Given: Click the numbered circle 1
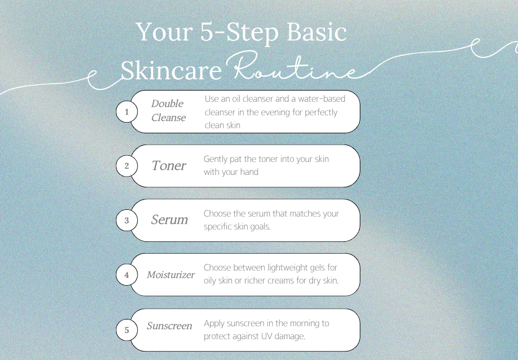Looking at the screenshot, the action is tap(127, 112).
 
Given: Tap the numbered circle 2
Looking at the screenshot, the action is tap(127, 166).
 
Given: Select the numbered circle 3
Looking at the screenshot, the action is tap(127, 220).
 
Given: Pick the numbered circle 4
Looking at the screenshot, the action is tap(127, 275).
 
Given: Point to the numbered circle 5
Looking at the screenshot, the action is tap(127, 330).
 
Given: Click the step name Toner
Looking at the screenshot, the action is tap(169, 165).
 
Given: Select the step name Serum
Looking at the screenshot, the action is tap(169, 220).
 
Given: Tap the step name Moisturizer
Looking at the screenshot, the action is tap(171, 274).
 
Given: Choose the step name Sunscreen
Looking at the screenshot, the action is tap(169, 326).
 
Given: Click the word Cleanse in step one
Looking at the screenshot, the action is tap(168, 118).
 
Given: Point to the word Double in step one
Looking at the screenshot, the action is tap(167, 103).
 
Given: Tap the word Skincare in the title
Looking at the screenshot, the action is tap(171, 70).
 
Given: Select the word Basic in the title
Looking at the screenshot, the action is tap(316, 31).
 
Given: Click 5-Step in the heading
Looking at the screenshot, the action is tap(239, 32).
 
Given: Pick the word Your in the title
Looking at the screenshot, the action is tap(164, 31).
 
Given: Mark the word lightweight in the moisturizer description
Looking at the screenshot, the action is tap(283, 268).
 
